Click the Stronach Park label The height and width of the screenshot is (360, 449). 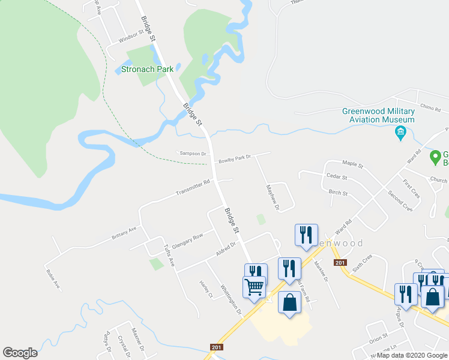tap(147, 69)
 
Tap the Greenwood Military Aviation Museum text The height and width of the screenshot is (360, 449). tap(378, 115)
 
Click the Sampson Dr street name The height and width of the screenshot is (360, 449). tap(192, 154)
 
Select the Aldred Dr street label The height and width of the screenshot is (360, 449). tap(226, 249)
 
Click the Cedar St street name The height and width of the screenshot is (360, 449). tap(337, 177)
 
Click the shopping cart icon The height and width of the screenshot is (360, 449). tap(254, 287)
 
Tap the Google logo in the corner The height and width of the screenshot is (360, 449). tap(20, 353)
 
